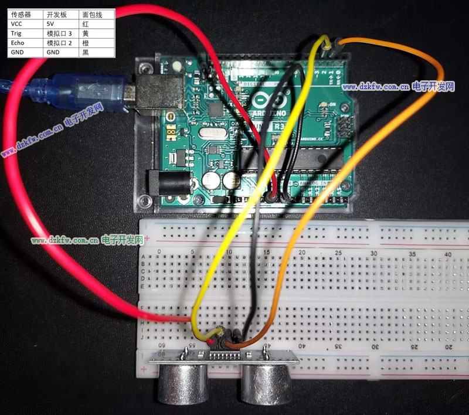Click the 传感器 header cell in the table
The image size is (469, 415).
(x=22, y=15)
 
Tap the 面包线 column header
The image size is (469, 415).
(x=92, y=15)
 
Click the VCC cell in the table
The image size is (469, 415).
(x=18, y=24)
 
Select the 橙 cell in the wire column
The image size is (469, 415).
(x=86, y=43)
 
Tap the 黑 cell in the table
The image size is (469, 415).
(x=86, y=52)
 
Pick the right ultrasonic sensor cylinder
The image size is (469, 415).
(x=264, y=384)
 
